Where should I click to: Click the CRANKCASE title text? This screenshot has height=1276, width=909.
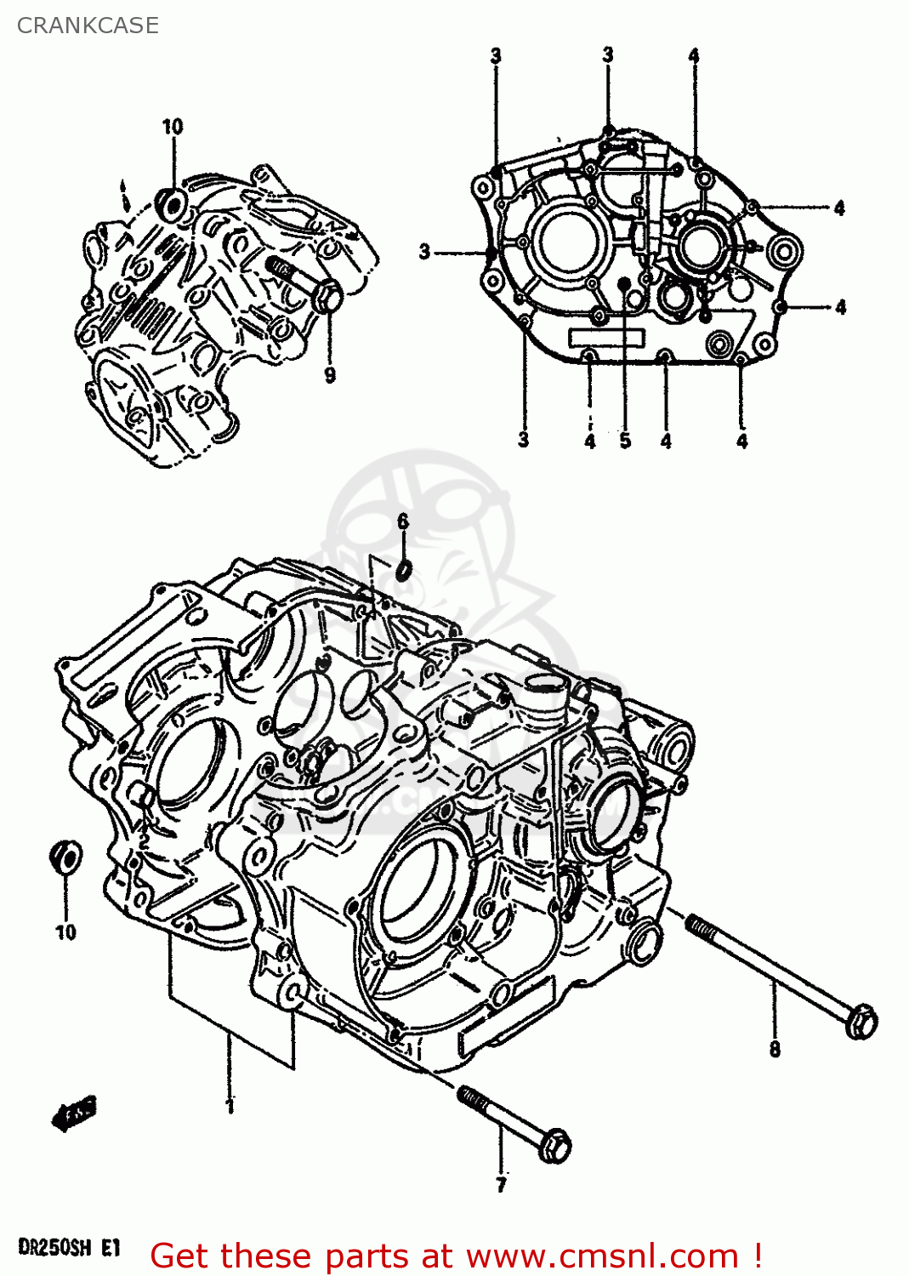pyautogui.click(x=88, y=26)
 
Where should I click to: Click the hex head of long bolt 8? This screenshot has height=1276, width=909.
pyautogui.click(x=861, y=1020)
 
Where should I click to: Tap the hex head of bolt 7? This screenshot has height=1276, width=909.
pyautogui.click(x=554, y=1146)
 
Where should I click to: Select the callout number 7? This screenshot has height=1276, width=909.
pyautogui.click(x=501, y=1184)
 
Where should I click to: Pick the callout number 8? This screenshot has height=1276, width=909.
pyautogui.click(x=775, y=1049)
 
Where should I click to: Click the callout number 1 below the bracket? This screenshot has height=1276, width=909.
pyautogui.click(x=230, y=1106)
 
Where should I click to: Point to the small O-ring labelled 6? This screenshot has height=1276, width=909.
pyautogui.click(x=405, y=568)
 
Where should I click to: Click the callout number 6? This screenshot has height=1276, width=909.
pyautogui.click(x=403, y=520)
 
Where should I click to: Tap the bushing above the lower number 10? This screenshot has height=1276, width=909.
pyautogui.click(x=66, y=857)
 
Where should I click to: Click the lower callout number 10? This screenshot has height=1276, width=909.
pyautogui.click(x=65, y=932)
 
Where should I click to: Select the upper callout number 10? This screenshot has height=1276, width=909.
pyautogui.click(x=173, y=127)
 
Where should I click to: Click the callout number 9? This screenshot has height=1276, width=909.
pyautogui.click(x=330, y=374)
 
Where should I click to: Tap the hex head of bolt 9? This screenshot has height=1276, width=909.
pyautogui.click(x=328, y=296)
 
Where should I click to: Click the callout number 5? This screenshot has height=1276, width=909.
pyautogui.click(x=625, y=441)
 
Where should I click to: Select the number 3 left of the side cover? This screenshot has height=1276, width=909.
pyautogui.click(x=424, y=252)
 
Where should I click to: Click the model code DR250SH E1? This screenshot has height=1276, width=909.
pyautogui.click(x=69, y=1248)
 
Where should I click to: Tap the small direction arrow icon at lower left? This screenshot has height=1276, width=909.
pyautogui.click(x=75, y=1112)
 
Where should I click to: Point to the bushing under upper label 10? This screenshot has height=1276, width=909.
pyautogui.click(x=173, y=205)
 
